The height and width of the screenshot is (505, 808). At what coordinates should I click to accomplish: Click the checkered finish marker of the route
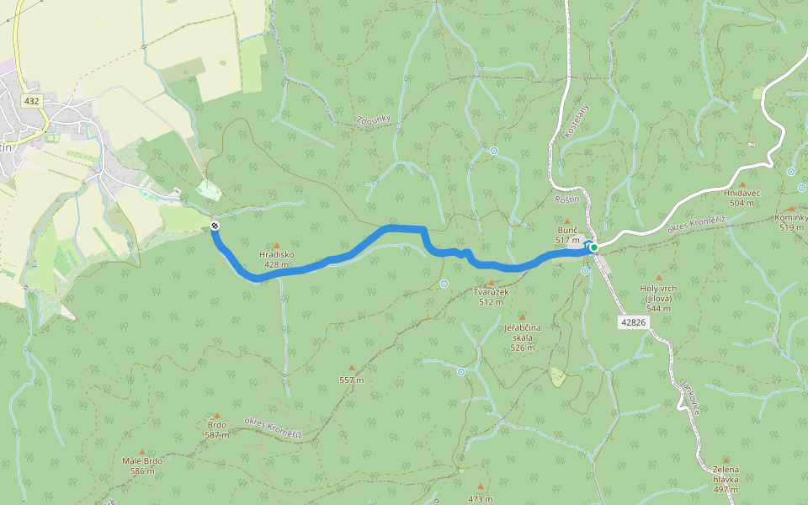coord(215,226)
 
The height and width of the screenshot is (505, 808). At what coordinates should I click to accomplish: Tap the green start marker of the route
coord(593,247)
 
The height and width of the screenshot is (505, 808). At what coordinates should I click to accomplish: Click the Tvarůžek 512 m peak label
coord(492,296)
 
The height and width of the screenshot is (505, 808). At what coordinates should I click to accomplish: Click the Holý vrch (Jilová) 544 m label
coord(658,298)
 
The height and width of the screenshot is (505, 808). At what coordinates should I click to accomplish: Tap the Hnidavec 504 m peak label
coord(742,198)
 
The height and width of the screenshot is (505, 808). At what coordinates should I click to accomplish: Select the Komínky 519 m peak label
coord(790,222)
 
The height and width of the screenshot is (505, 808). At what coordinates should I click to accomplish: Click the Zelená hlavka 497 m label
coord(725,478)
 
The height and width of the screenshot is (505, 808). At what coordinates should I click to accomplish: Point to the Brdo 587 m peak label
coord(216,429)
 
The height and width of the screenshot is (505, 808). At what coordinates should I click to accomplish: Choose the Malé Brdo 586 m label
coord(141,465)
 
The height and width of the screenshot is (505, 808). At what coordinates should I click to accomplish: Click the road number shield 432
coord(32,101)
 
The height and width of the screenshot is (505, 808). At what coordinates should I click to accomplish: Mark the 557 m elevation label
coord(351,380)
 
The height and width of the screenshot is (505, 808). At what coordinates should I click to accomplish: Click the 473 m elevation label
coord(480,499)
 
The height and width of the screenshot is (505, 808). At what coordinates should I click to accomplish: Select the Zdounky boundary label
coord(373,124)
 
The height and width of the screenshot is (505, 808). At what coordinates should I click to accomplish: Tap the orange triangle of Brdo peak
coord(216,417)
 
